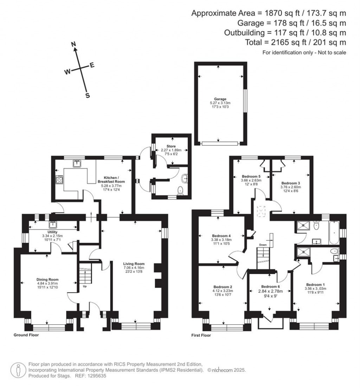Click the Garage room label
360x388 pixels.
coord(220,99)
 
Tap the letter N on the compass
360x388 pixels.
coord(74,44)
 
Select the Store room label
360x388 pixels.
coord(171,146)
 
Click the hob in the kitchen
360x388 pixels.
coord(59,180)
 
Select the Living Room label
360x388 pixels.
coord(134,264)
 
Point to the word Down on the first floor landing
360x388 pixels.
coord(263,245)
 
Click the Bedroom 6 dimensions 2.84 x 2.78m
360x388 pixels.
coord(270,291)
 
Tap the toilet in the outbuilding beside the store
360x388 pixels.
coord(181,190)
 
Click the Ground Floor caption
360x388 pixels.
coord(26,335)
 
